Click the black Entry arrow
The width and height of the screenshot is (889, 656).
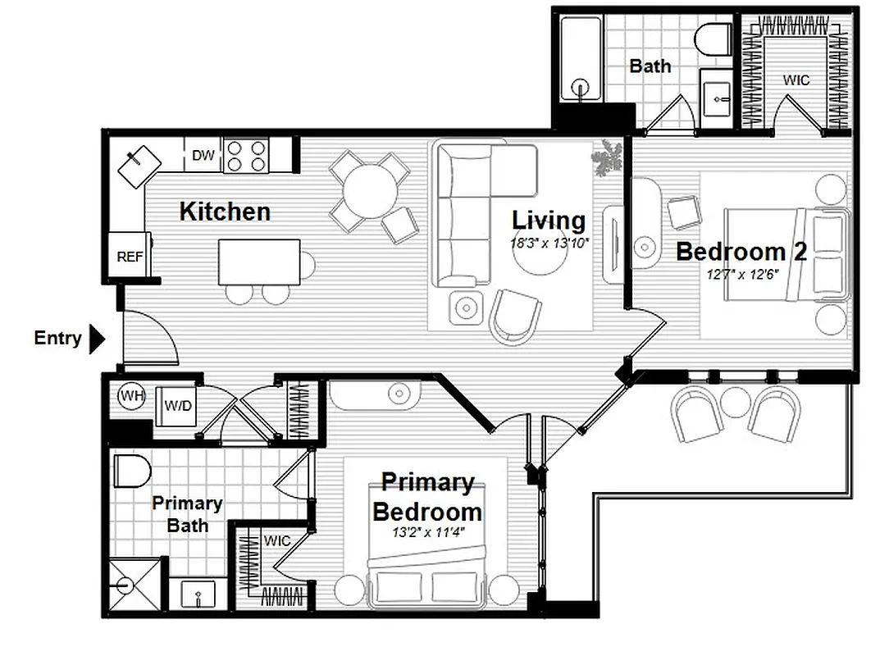point(97,338)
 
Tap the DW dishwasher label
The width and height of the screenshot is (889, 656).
point(203,155)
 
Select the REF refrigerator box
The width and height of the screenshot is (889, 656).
point(130,256)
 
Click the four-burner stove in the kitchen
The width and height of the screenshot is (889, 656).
point(246,156)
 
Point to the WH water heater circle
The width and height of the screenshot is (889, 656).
point(130,397)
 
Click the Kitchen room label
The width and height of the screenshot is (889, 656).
point(225,212)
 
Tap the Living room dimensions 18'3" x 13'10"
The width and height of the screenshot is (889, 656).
point(549,243)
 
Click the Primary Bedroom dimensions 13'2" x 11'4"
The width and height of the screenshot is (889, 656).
point(427,532)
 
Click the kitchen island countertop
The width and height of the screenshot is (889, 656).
point(259,262)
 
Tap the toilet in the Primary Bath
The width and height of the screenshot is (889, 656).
point(132,471)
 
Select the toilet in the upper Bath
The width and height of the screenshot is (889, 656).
point(713,39)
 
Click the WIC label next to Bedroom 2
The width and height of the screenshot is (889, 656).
point(796,80)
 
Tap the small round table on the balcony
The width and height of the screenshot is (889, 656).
point(736,402)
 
